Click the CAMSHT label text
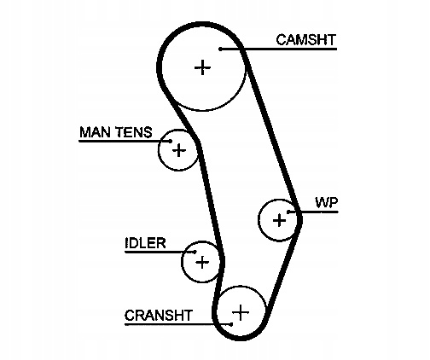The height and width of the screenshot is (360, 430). [x=306, y=40]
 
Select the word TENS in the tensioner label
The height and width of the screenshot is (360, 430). [x=134, y=132]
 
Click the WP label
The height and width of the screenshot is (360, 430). [x=327, y=202]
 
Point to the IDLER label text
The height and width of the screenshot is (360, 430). [x=145, y=243]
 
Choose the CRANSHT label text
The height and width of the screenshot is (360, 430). [x=159, y=316]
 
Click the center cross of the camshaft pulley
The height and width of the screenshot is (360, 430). [x=202, y=67]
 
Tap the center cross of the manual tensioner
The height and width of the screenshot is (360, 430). [x=179, y=150]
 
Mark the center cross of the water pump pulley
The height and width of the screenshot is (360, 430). [x=279, y=220]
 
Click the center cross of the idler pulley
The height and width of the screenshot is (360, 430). [x=202, y=262]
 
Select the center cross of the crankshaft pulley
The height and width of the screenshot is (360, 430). [x=241, y=312]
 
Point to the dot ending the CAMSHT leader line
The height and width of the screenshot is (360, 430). [x=220, y=49]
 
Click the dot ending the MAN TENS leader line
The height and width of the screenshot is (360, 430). [x=171, y=141]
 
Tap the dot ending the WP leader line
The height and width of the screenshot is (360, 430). [x=288, y=212]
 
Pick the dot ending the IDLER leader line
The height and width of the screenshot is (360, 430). [x=195, y=252]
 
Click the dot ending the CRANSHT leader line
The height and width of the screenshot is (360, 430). [x=231, y=324]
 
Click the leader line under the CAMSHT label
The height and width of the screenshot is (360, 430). [x=279, y=49]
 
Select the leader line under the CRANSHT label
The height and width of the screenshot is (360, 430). [x=178, y=324]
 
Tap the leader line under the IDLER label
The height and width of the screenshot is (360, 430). [x=160, y=252]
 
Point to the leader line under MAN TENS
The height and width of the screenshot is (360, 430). [x=125, y=141]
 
